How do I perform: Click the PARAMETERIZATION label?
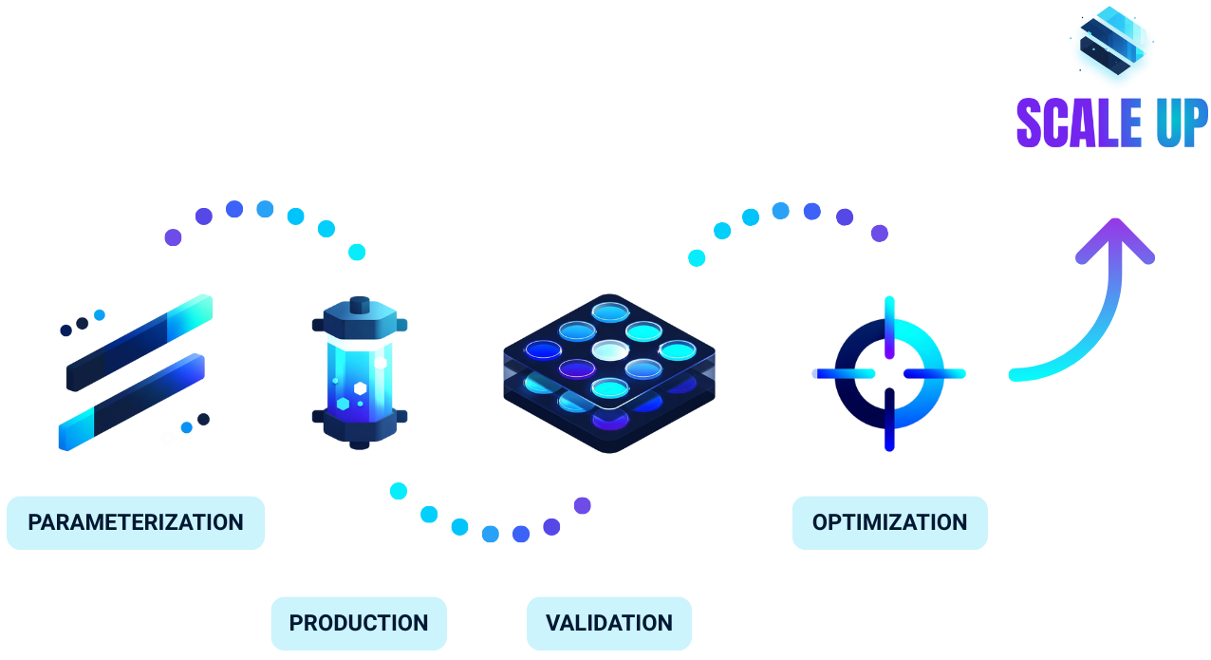[136, 522]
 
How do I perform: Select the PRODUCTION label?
[359, 623]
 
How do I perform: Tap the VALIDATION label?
[609, 623]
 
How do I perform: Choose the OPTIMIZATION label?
[889, 522]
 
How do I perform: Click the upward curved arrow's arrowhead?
[1115, 239]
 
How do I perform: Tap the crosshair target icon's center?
[889, 373]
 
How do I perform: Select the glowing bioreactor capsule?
[360, 373]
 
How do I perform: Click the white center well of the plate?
[610, 349]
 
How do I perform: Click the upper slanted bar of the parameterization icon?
[140, 341]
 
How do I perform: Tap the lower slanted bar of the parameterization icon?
[132, 402]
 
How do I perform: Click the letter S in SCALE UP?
[1031, 123]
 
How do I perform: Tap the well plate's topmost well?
[610, 311]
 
